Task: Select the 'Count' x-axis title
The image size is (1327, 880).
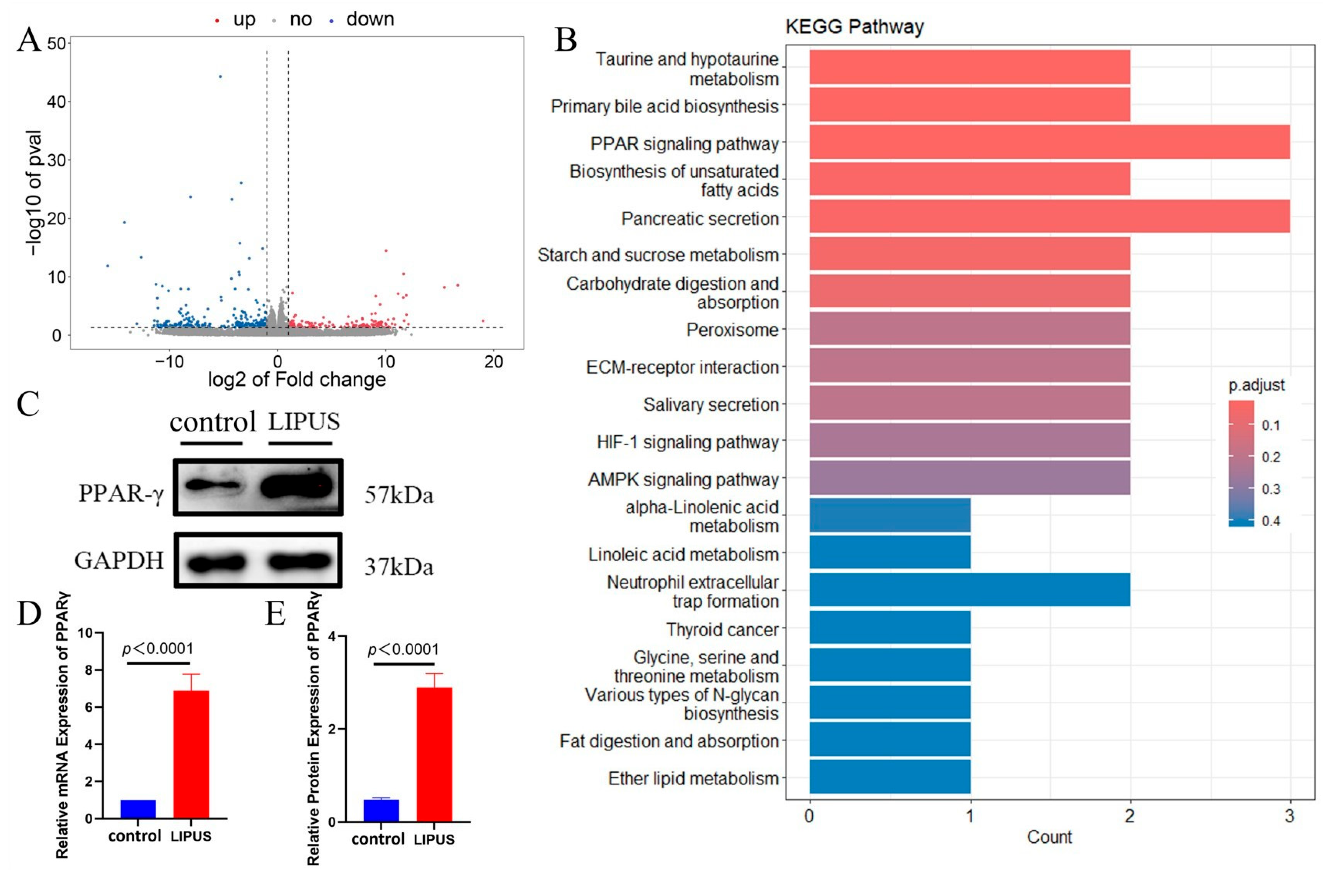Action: click(1048, 837)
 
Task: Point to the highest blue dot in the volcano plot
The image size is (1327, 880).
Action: click(220, 76)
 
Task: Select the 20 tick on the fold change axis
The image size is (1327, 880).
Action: click(493, 362)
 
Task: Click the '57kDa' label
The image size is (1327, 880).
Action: click(399, 495)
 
